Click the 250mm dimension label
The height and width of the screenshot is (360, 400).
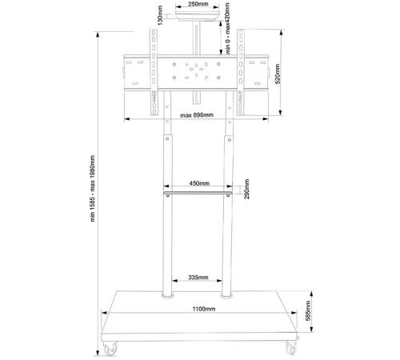coord(198,4)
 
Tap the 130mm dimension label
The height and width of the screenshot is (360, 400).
coord(160,16)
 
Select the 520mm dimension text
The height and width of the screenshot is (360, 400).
coord(278,74)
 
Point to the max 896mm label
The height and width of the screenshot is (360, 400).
coord(197,115)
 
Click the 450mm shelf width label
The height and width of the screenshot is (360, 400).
coord(199,183)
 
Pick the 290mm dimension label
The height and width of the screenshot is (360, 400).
coord(246,189)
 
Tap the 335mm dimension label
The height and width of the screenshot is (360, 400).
coord(198,278)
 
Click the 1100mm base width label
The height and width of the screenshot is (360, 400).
coord(204,309)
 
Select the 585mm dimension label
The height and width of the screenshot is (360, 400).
coord(308,310)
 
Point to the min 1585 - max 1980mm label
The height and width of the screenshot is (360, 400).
coord(92,188)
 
